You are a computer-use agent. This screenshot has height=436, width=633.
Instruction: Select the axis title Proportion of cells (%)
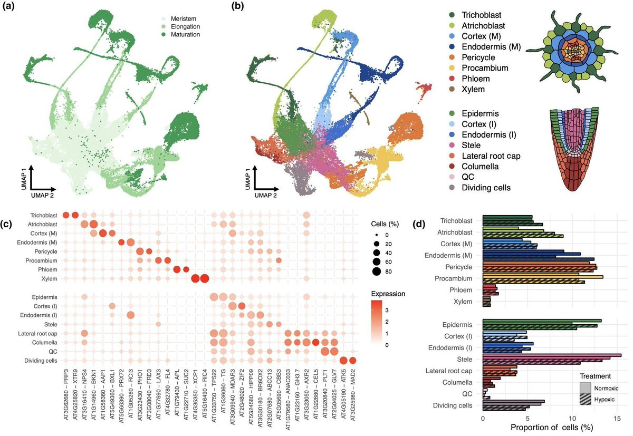click(x=540, y=428)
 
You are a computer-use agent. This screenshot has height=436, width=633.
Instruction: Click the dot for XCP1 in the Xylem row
click(x=195, y=279)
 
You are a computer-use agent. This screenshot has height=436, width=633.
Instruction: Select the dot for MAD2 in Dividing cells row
click(x=353, y=361)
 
